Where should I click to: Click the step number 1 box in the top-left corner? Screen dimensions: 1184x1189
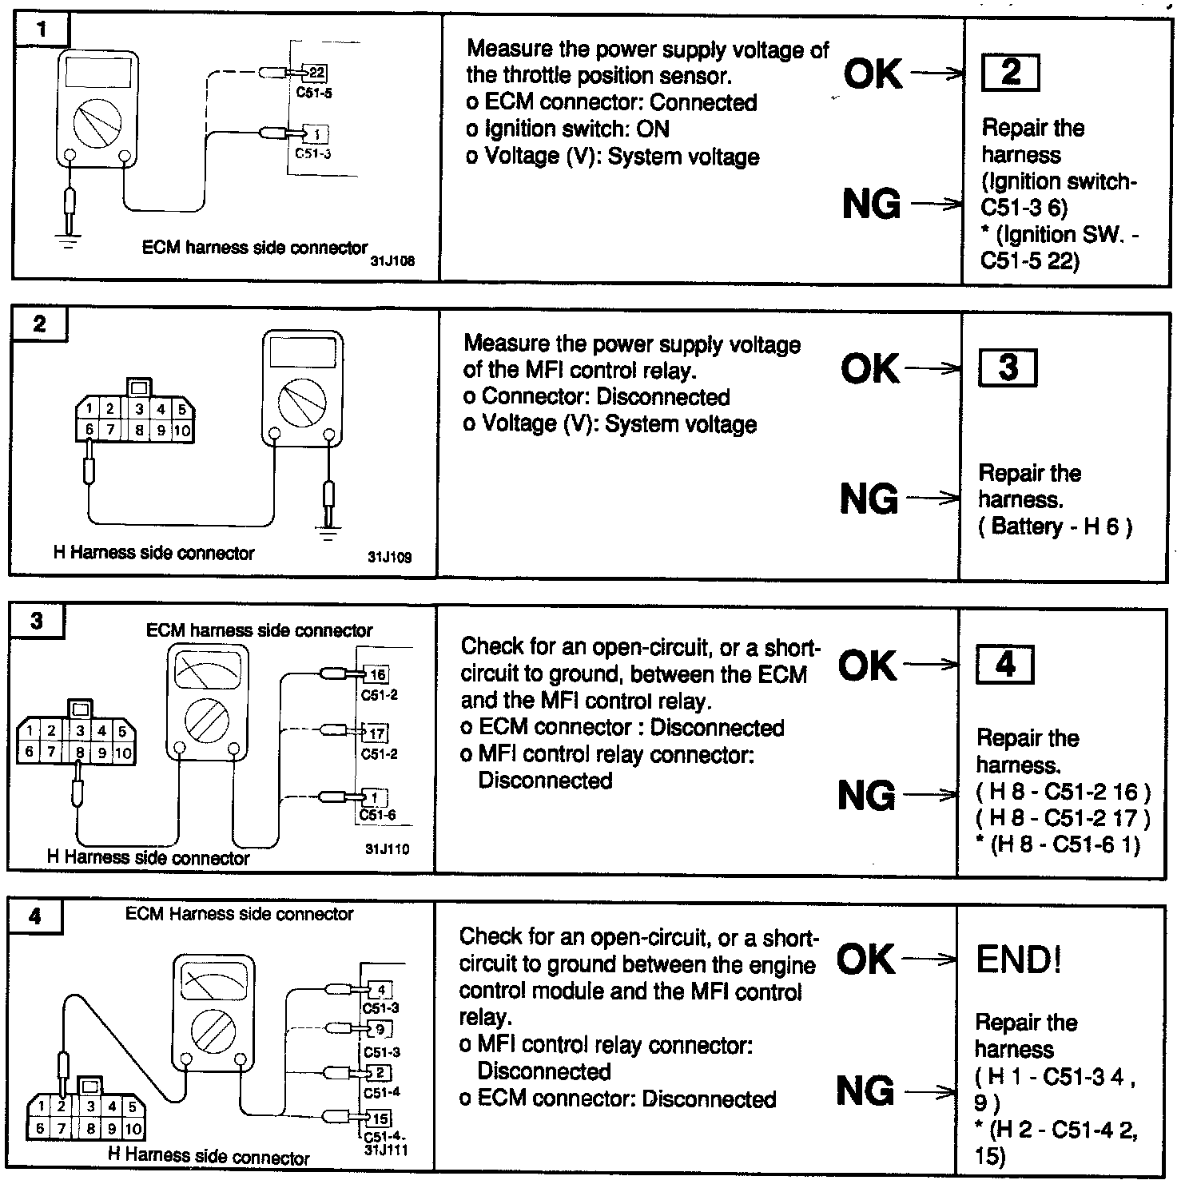pos(42,31)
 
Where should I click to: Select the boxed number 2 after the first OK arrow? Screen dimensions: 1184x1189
pos(1010,73)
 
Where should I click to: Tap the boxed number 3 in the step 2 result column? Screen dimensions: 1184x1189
pos(1008,368)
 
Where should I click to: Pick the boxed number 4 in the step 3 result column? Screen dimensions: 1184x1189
pos(1005,664)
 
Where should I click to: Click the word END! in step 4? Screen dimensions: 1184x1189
pos(1019,959)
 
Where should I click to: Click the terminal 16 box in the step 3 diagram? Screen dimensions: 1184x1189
pos(377,674)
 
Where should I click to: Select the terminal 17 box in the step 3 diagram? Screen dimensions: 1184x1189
pos(377,733)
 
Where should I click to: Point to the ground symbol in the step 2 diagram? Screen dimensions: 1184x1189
pos(327,530)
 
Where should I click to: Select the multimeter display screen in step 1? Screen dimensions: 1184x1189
pos(97,73)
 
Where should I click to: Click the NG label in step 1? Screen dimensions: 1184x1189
pos(871,204)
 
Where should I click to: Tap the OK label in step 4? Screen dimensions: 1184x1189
pos(867,959)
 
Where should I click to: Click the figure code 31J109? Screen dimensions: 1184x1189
pos(390,558)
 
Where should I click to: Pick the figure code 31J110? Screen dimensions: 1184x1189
pos(388,849)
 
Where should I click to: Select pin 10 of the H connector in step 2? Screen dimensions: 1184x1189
pos(182,431)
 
